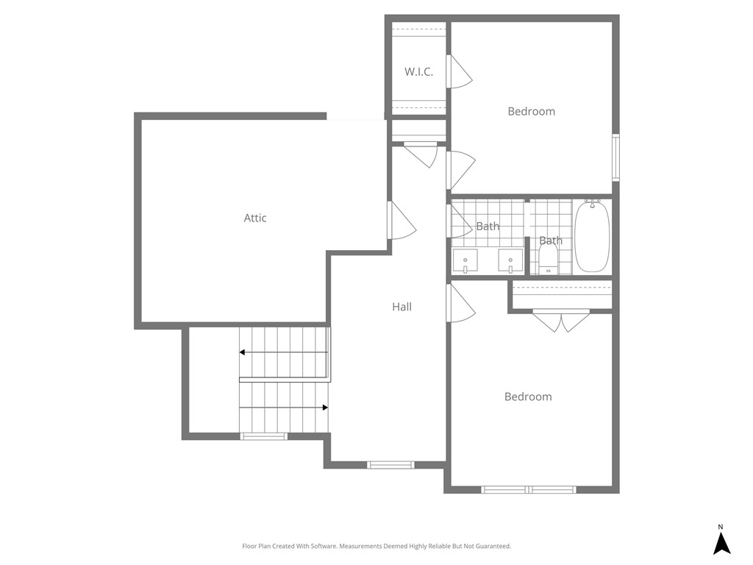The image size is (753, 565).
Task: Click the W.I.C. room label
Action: click(418, 72)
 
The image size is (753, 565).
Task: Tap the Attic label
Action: click(255, 218)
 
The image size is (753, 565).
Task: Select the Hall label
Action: click(402, 307)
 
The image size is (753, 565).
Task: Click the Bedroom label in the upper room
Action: click(531, 112)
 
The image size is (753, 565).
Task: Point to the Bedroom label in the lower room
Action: click(527, 397)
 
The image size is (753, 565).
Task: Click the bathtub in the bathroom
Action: click(591, 236)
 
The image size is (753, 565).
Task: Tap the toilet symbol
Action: click(548, 259)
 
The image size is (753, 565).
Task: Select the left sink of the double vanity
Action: click(465, 260)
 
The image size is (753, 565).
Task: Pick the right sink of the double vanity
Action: click(510, 260)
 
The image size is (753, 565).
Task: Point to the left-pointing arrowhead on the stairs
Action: click(243, 352)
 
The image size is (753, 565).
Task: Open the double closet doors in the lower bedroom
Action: click(561, 320)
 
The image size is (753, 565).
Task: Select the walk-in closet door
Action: click(459, 71)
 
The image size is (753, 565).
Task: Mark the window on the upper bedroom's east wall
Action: click(615, 157)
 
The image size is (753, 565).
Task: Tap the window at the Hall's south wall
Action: click(390, 464)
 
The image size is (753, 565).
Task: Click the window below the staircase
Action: click(264, 436)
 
